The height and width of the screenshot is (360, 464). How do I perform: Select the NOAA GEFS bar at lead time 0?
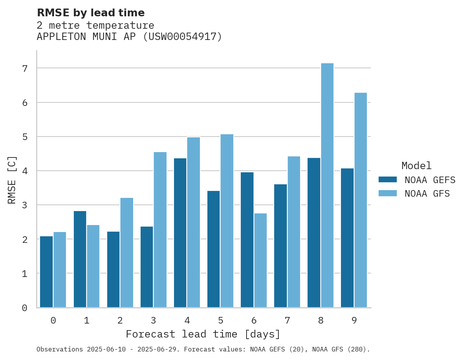tap(47, 272)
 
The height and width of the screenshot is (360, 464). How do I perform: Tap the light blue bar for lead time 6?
tap(260, 260)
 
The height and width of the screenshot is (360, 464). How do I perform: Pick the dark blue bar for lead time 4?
tap(180, 233)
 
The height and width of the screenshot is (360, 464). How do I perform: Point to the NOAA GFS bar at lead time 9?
tap(360, 200)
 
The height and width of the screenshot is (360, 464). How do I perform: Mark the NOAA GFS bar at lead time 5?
tap(227, 221)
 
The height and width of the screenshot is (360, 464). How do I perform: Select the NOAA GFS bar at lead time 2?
tap(127, 253)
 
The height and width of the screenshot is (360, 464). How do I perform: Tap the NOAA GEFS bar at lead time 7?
tap(280, 246)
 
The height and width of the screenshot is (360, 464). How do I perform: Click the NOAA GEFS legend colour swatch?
tap(388, 180)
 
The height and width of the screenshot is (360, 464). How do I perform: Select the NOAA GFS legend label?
tap(427, 194)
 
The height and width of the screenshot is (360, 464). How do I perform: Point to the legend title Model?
tap(416, 166)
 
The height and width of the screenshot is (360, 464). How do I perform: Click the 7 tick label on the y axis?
tap(24, 69)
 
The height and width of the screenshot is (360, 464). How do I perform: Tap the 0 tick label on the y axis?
tap(24, 308)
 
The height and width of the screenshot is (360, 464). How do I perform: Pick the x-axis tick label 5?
tap(221, 320)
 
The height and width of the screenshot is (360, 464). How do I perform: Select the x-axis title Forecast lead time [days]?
tap(203, 334)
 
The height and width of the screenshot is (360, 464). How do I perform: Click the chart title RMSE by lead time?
tap(90, 13)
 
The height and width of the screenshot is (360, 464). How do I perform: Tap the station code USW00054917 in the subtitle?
tap(182, 37)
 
